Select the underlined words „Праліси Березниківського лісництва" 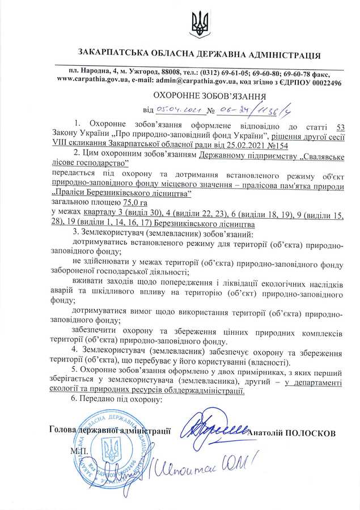click(121, 194)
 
